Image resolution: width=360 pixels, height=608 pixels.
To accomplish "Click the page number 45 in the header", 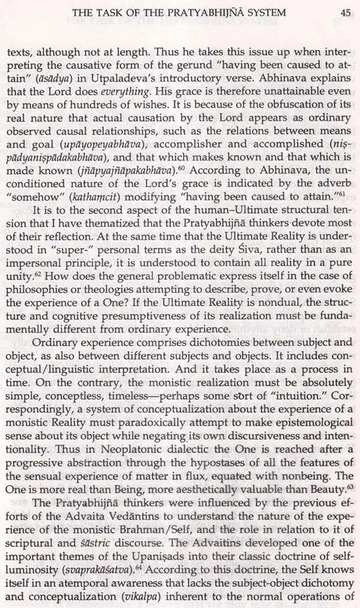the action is pyautogui.click(x=344, y=11).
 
